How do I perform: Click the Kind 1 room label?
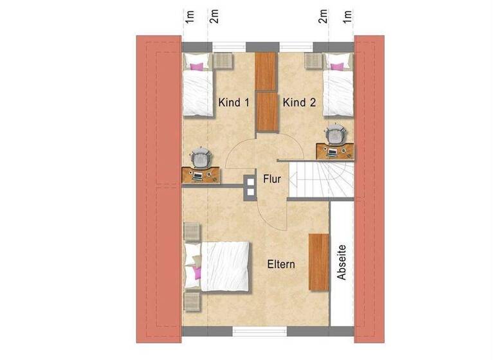coord(233,102)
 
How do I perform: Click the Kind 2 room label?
coord(298,102)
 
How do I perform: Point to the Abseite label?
coord(342,262)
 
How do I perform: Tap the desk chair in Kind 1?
coord(201,156)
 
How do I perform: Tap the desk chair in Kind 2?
coord(334,136)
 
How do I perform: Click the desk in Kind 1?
coord(201,174)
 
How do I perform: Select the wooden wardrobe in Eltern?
coord(318,262)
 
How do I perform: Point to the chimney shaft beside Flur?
coord(250,185)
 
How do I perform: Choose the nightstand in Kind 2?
coord(314,60)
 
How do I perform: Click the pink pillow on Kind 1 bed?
coord(197,65)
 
